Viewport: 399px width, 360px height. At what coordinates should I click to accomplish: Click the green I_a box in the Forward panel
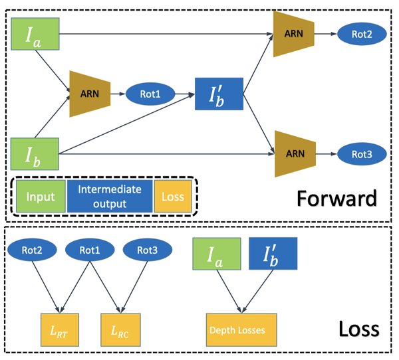pos(36,33)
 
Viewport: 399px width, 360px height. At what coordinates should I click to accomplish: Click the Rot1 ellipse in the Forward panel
pos(149,94)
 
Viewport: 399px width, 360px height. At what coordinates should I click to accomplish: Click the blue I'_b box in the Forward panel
pos(219,94)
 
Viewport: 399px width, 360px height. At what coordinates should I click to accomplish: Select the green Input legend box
pos(39,197)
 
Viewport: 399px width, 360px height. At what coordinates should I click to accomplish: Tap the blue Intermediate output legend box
pos(110,197)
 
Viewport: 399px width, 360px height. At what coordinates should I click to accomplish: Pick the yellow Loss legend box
pos(173,197)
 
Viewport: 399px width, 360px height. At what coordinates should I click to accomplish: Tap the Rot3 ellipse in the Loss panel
pos(147,250)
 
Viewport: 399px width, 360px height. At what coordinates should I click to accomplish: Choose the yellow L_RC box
pos(120,330)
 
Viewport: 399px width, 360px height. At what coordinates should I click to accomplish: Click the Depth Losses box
pos(241,330)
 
